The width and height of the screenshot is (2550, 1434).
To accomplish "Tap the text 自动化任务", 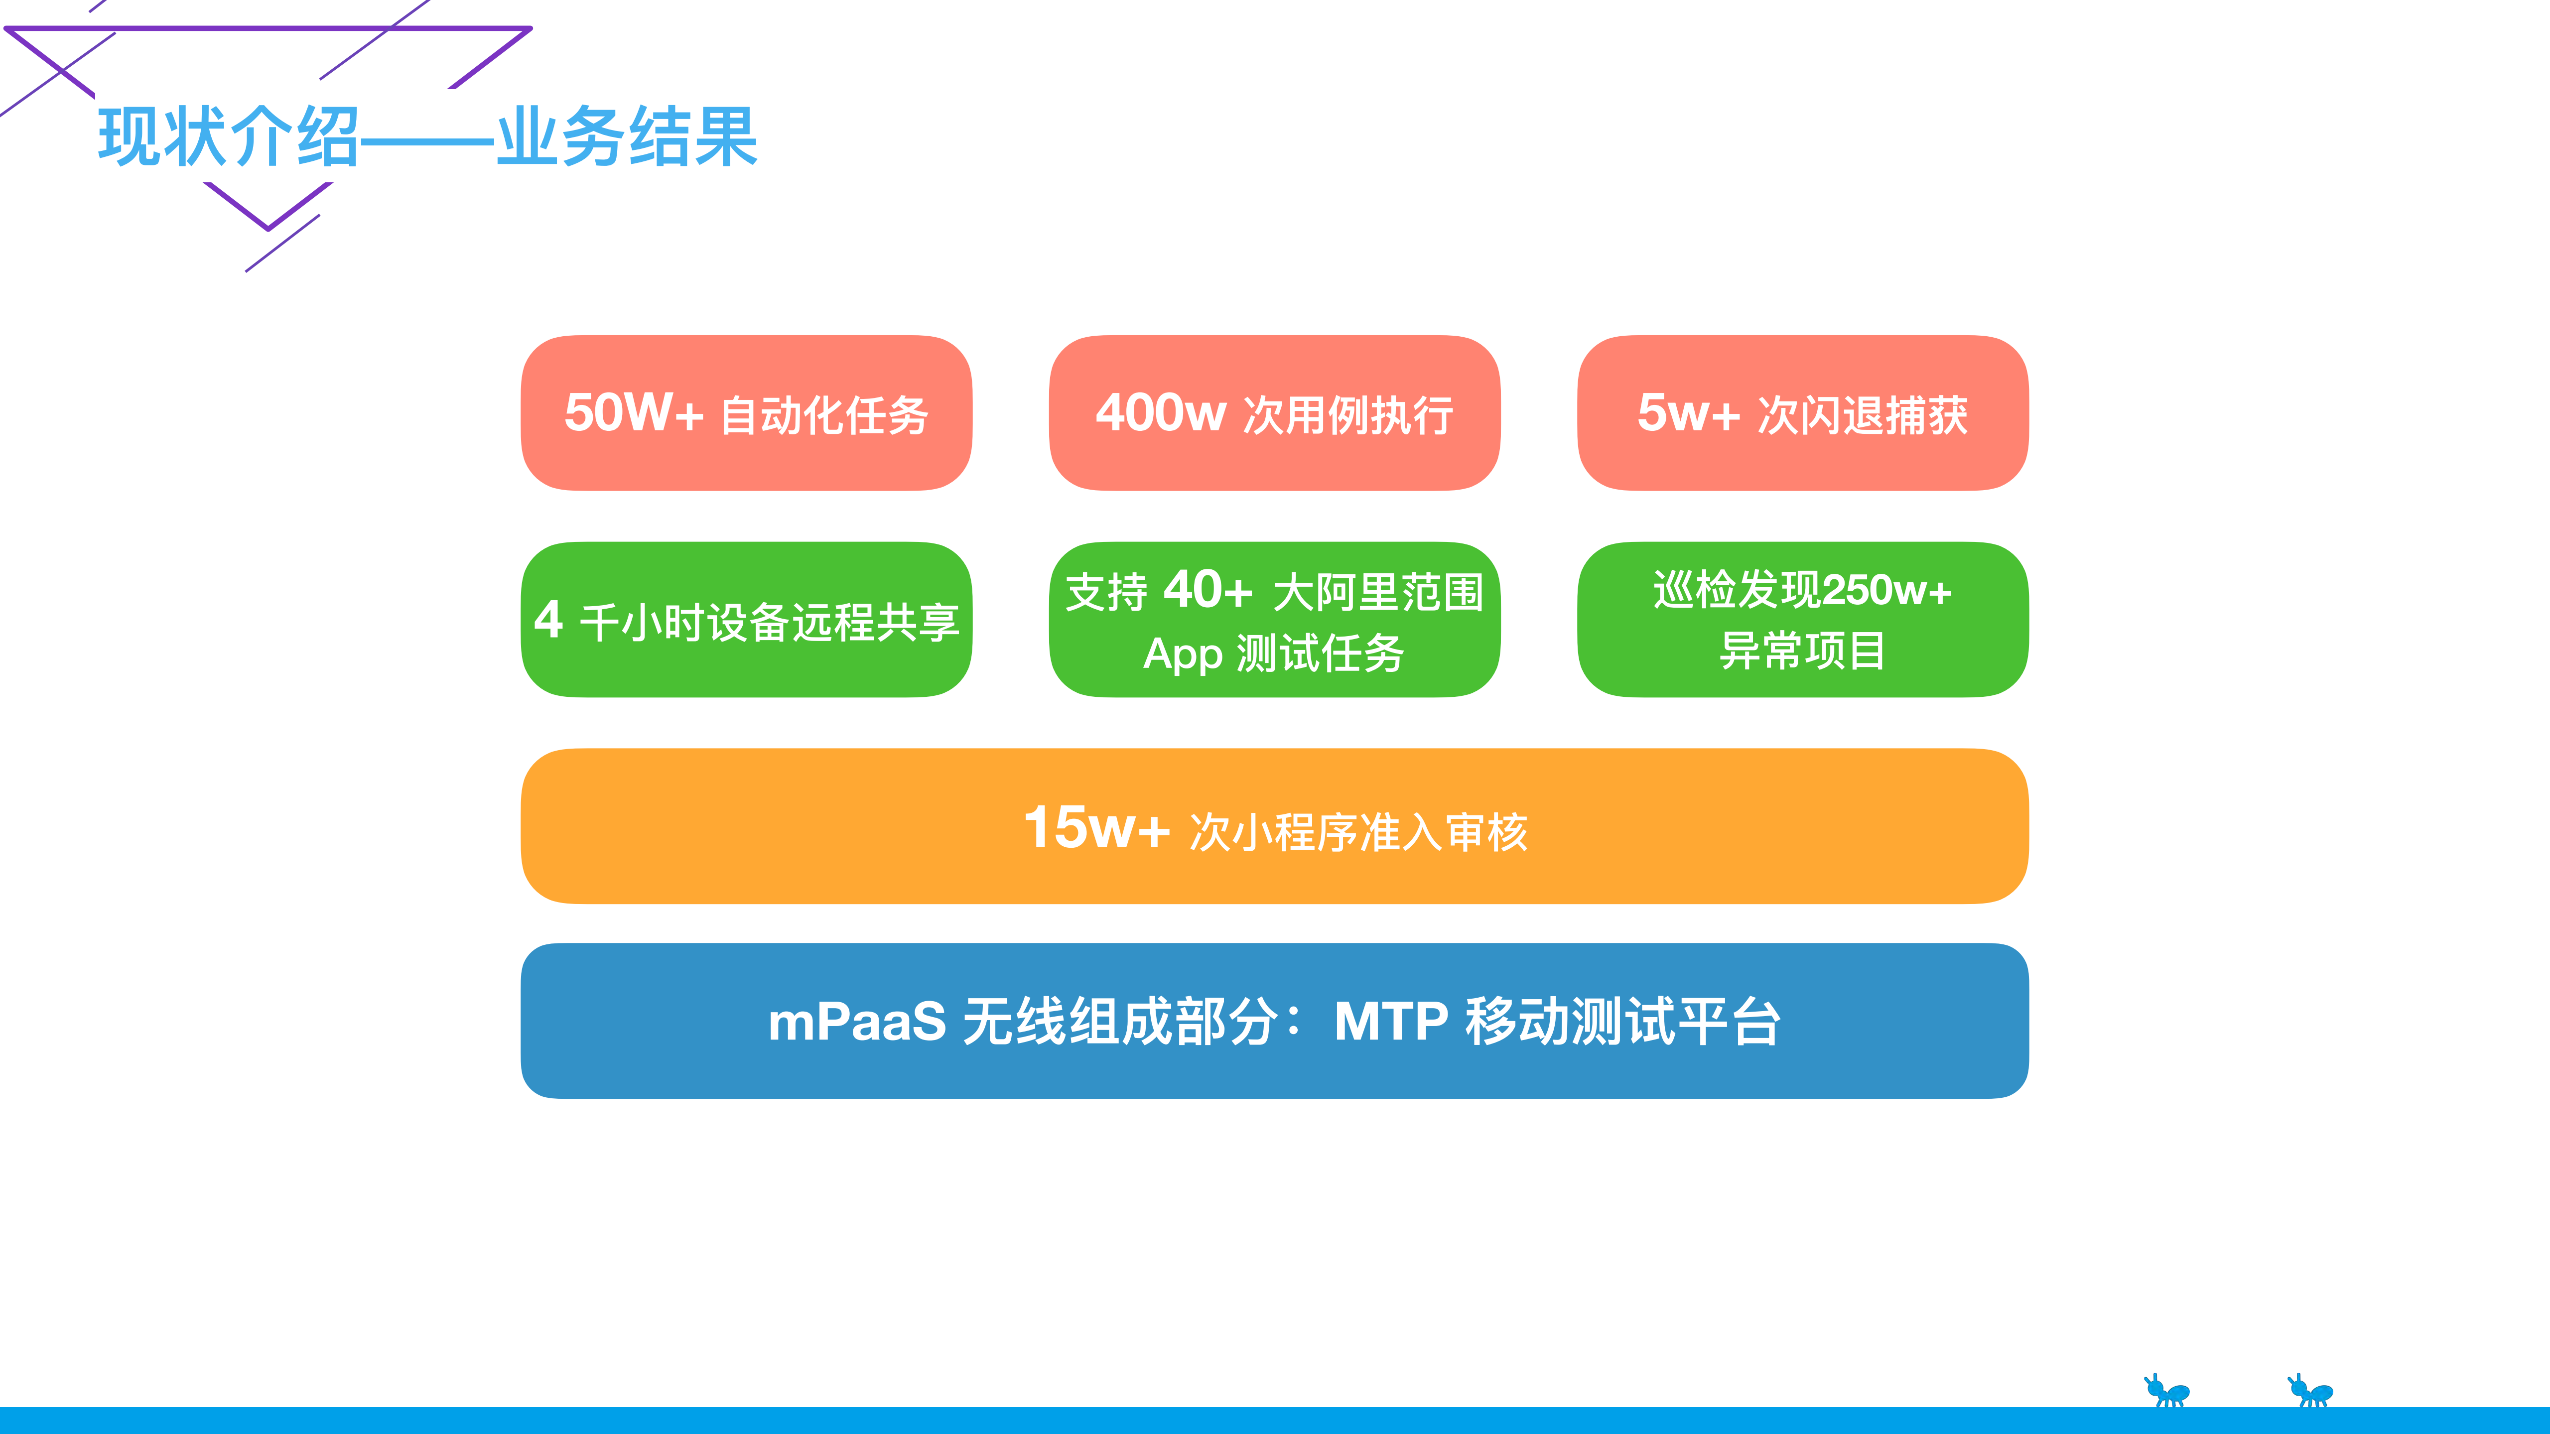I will point(824,415).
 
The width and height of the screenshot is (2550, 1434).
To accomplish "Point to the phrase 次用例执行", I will point(1348,415).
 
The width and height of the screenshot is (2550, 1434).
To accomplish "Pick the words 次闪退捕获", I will point(1863,415).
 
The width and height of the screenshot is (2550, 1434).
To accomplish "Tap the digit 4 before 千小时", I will point(548,621).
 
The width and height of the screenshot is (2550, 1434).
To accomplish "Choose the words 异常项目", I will point(1803,651).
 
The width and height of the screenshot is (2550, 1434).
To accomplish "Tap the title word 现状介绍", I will point(229,136).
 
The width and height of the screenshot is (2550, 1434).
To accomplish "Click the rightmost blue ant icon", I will point(2310,1391).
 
